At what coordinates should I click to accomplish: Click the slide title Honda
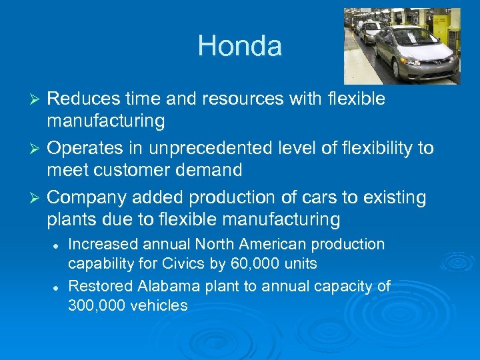(239, 46)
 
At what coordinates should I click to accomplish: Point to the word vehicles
(161, 305)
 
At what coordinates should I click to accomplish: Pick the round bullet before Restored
(56, 287)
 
